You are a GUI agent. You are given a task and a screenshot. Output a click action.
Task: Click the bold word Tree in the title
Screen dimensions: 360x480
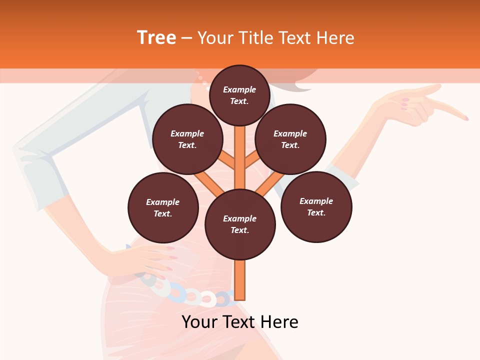(x=156, y=38)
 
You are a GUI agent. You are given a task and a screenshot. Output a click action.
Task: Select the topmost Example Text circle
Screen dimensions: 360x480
(x=239, y=95)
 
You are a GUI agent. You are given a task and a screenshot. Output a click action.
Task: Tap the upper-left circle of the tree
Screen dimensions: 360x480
(x=187, y=139)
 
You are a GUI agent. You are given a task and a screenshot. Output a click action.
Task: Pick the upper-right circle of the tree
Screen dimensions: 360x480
(x=290, y=139)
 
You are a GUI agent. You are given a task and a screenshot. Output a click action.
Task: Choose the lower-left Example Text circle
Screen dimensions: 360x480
(x=163, y=207)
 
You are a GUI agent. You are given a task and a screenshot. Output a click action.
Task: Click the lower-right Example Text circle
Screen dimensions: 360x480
(x=316, y=206)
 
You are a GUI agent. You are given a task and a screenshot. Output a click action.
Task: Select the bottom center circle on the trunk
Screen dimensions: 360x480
(x=240, y=224)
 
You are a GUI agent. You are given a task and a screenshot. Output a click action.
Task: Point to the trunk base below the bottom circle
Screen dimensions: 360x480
(x=240, y=280)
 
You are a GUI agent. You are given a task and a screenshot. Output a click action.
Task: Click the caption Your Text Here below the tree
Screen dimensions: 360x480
(x=240, y=322)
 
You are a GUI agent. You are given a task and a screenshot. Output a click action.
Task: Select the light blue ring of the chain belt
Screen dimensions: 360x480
(x=176, y=292)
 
